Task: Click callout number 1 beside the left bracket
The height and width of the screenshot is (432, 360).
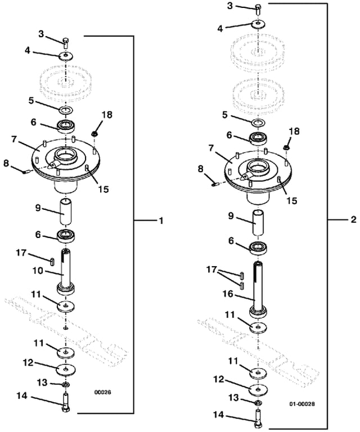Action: click(x=160, y=221)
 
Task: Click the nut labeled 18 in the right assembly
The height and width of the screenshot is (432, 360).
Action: click(x=285, y=147)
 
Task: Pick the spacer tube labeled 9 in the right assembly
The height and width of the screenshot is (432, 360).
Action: click(x=258, y=223)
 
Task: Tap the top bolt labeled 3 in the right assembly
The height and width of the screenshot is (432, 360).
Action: click(x=258, y=9)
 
